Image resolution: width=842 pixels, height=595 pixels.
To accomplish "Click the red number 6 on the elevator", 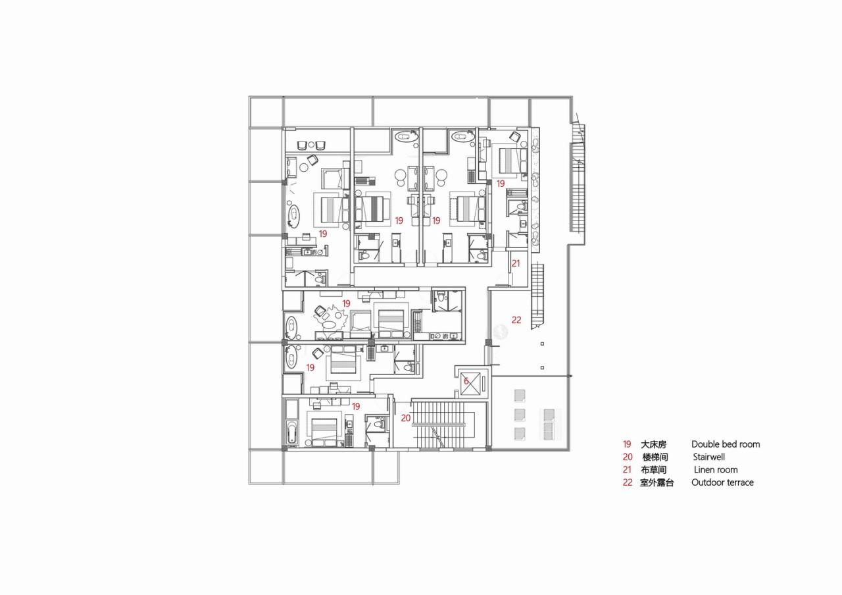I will (x=466, y=381).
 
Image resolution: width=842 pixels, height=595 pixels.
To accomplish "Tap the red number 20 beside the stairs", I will (x=406, y=418).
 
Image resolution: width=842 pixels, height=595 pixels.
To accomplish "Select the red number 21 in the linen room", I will (x=516, y=263).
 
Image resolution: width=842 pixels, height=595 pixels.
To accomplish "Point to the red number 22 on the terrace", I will (x=516, y=320).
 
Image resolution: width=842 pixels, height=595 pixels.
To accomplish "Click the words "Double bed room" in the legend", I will (x=725, y=444).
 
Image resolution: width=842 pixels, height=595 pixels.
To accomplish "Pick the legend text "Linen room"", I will (x=716, y=470).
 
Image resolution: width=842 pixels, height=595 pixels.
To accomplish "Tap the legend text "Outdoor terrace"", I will (x=722, y=482).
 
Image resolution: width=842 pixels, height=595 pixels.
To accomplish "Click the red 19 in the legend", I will (x=626, y=444).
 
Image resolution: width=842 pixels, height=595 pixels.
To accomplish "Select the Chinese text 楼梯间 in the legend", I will (x=655, y=457).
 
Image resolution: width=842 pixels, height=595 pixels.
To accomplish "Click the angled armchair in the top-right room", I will (x=515, y=137).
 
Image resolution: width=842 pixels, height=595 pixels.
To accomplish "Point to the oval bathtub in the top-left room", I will (x=294, y=215).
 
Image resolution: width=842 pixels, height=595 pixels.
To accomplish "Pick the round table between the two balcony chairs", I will (x=311, y=145).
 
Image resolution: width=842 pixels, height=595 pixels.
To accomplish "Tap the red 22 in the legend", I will (x=627, y=482).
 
